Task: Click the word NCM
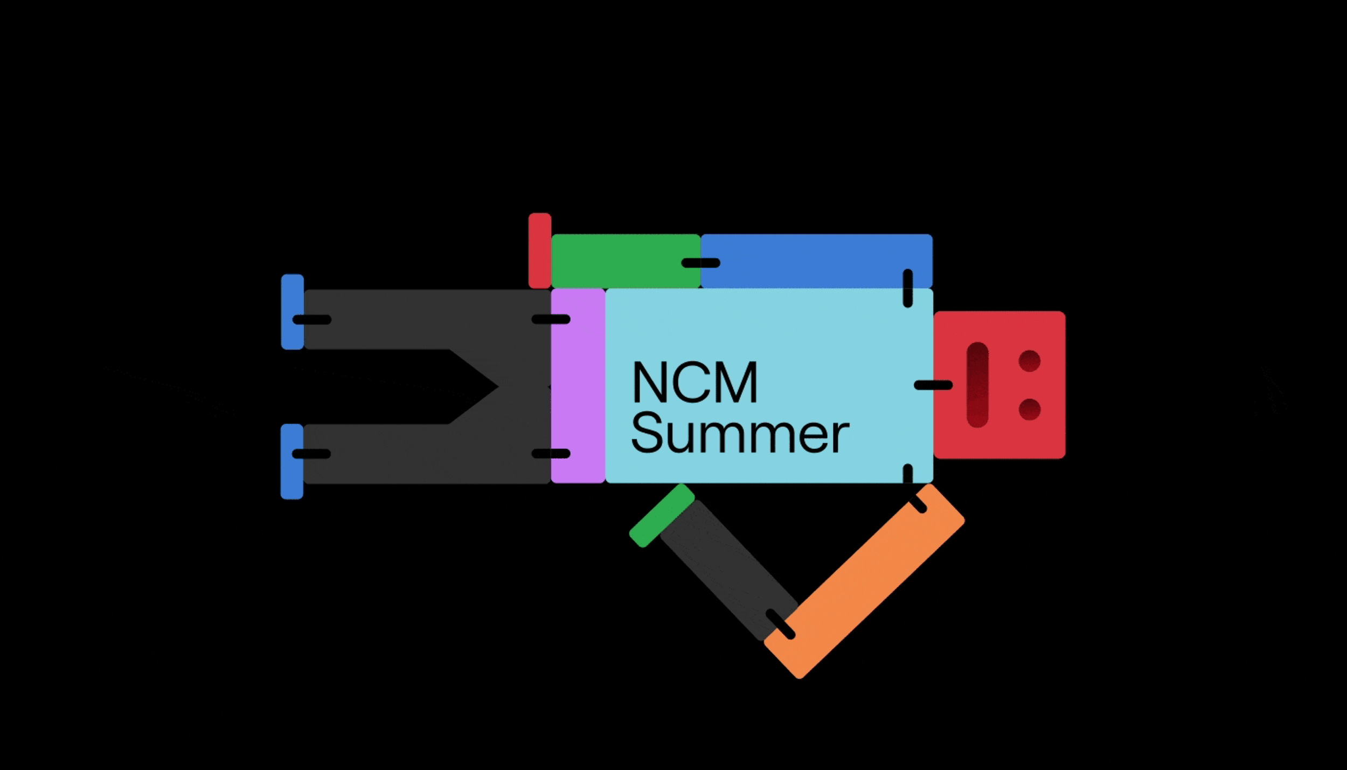tap(695, 382)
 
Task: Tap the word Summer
tap(739, 433)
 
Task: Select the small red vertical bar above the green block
tap(539, 250)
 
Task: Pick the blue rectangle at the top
tap(816, 253)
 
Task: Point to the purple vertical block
tap(578, 385)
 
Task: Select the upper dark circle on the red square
tap(1029, 361)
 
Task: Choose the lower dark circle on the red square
tap(1029, 409)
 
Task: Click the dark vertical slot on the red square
tap(977, 385)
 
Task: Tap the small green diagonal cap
tap(662, 515)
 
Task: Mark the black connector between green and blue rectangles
tap(700, 263)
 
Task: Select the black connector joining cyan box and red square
tap(933, 385)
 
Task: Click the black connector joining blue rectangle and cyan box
tap(908, 288)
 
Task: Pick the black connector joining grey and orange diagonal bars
tap(780, 624)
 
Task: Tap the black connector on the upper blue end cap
tap(311, 320)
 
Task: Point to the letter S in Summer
tap(647, 433)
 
